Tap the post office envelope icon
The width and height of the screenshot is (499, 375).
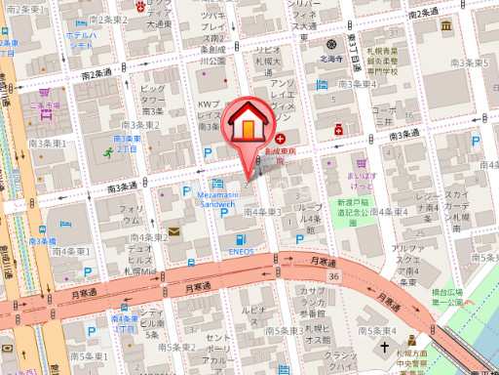click(x=173, y=231)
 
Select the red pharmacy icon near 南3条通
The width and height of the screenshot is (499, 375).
click(x=338, y=129)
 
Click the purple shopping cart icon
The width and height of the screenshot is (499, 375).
click(x=361, y=163)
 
